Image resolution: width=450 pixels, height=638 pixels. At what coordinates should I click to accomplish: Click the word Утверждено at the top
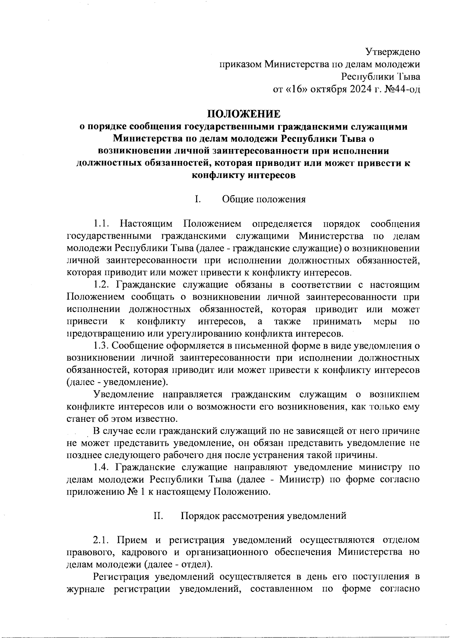pos(393,51)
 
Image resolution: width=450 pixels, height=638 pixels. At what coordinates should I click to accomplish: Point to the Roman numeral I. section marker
pos(197,199)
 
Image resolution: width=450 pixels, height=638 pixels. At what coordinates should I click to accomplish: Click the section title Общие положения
pos(264,199)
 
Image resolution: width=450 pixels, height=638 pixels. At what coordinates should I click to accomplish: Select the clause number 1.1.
pos(101,224)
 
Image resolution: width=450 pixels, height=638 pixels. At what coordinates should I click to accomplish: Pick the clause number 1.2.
pos(101,285)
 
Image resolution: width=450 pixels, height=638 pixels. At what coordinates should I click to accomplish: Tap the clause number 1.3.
pos(101,345)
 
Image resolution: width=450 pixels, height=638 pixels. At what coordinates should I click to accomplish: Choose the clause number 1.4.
pos(101,467)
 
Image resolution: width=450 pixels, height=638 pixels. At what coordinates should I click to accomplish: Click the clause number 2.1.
pos(101,540)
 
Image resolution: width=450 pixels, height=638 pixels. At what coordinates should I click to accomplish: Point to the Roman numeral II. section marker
pos(157,516)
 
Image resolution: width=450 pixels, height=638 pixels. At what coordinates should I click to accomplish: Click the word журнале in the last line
pos(85,589)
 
